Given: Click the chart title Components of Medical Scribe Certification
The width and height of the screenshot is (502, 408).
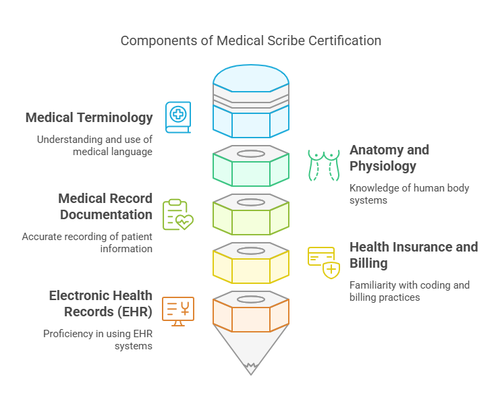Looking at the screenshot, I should [251, 40].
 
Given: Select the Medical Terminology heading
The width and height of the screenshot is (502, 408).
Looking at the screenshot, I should [89, 117].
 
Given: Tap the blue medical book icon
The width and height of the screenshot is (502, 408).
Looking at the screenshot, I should [178, 117].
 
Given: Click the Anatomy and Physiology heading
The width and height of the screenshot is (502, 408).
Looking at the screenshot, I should [389, 158].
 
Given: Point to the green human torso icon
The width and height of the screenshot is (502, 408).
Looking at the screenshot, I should [323, 165].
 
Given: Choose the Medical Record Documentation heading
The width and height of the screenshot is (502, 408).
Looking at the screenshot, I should [105, 206].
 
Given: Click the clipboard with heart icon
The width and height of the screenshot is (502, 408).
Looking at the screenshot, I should [177, 215].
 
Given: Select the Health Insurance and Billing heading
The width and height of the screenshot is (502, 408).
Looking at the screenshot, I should [413, 255].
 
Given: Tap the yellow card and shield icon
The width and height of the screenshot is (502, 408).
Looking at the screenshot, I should [323, 262].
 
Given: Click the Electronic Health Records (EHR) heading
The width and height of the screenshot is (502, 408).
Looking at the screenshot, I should [101, 303].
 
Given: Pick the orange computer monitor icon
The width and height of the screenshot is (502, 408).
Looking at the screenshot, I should [178, 311].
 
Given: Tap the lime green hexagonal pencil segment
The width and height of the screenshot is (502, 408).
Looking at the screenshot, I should [251, 217].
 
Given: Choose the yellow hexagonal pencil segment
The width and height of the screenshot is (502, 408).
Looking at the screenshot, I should [251, 266].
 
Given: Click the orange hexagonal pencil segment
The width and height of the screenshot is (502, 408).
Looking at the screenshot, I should [251, 314].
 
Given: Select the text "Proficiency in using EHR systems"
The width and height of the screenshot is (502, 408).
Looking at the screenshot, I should [98, 339].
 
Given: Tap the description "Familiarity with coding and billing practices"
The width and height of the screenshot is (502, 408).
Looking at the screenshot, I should [409, 291].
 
